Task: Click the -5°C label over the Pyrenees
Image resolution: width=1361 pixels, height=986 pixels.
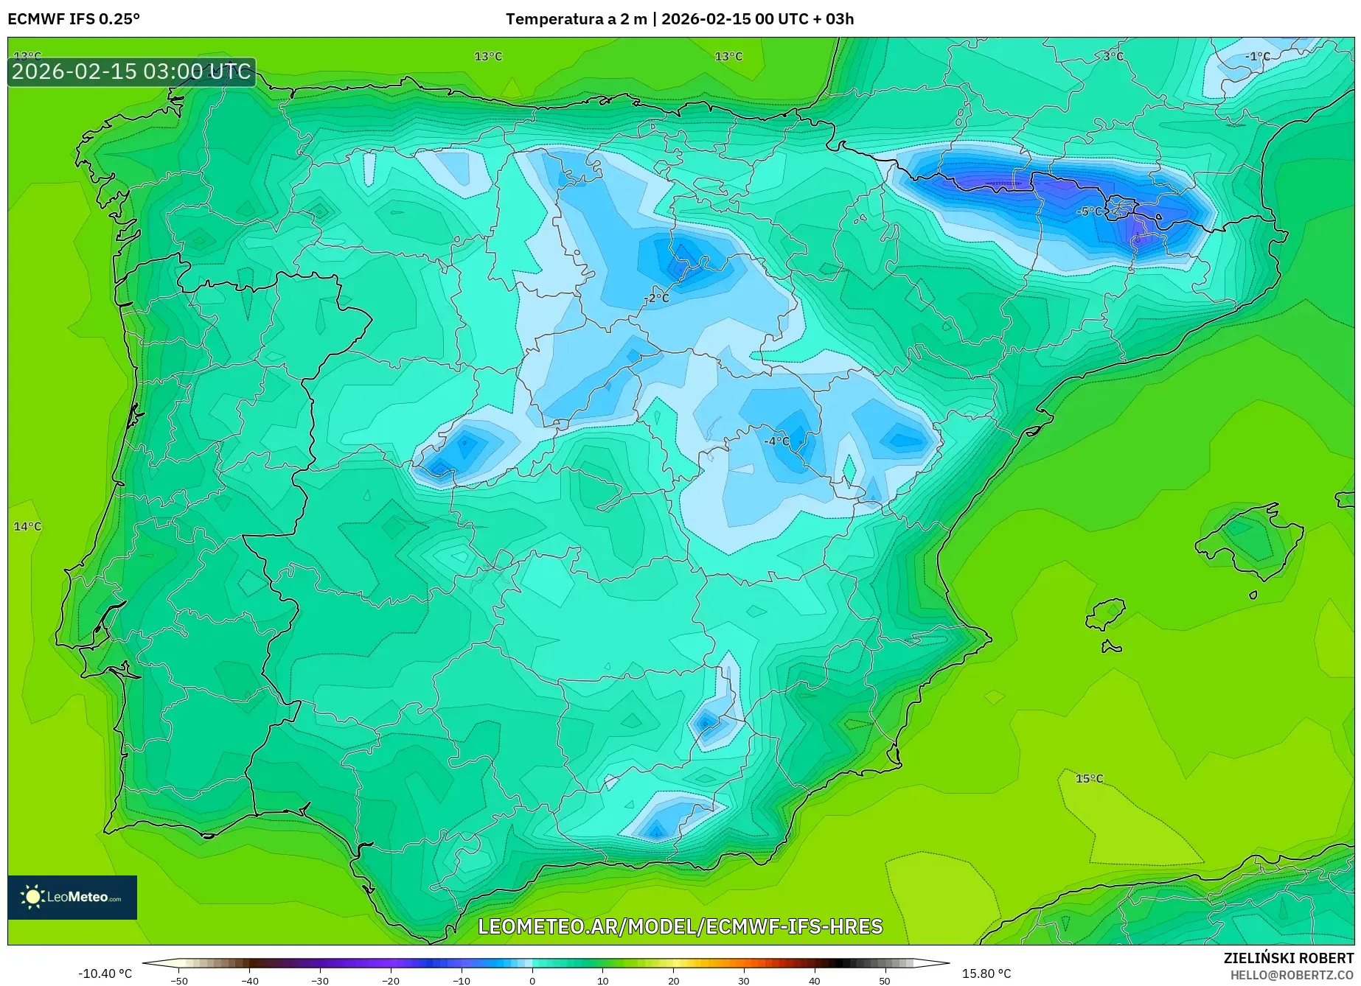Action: [1090, 211]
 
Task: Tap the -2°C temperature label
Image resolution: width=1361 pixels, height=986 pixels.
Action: [657, 298]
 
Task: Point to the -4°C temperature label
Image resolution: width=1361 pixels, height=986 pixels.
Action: [776, 441]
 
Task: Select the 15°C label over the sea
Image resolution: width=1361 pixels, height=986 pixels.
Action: [1089, 779]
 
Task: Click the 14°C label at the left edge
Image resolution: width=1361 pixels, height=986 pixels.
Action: [28, 527]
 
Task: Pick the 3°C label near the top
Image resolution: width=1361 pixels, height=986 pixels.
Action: [1113, 57]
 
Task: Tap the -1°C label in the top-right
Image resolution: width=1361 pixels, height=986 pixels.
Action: [1258, 57]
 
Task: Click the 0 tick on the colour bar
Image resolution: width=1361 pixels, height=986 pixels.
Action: [532, 981]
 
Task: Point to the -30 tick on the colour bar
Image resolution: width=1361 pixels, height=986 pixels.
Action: [319, 981]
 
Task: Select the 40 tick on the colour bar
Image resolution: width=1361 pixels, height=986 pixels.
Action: [815, 981]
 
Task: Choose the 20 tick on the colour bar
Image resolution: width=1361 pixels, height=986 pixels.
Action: [673, 981]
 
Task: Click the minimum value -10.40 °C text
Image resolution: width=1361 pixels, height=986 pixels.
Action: [105, 973]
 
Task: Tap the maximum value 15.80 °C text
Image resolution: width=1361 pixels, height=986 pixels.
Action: [986, 973]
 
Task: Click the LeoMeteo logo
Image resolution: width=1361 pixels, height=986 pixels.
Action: [72, 897]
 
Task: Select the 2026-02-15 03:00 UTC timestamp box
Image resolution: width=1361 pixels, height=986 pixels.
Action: [132, 71]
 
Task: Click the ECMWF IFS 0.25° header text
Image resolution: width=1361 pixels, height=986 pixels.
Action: [74, 19]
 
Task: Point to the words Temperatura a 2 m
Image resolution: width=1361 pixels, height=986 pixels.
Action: [576, 19]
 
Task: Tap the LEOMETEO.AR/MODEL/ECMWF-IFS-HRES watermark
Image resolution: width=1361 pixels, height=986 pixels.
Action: [680, 926]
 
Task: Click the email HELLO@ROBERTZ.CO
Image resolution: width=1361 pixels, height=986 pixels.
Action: [1292, 974]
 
